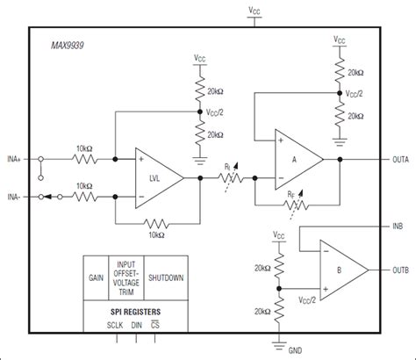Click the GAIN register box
click(x=96, y=277)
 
